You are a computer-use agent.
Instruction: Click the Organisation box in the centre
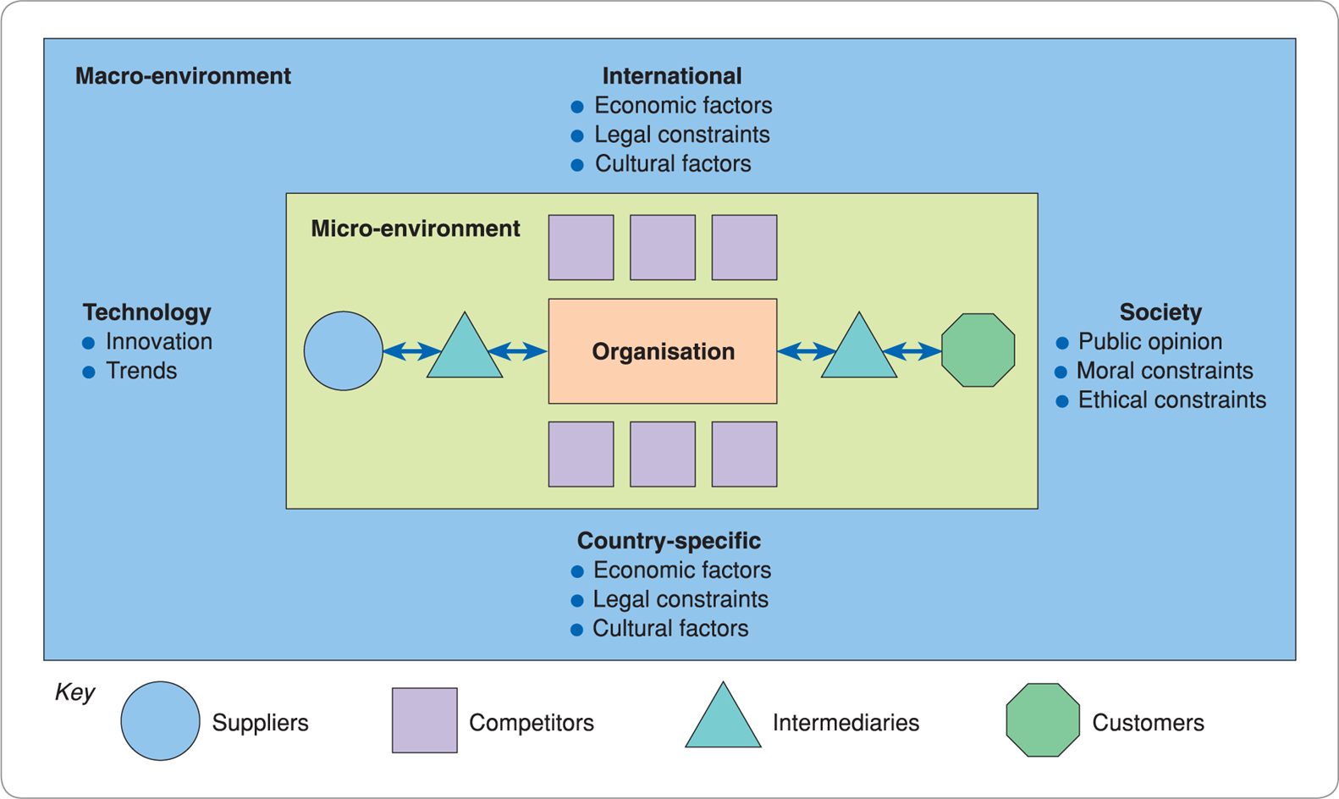tap(663, 351)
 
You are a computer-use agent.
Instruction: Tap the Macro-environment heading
tap(183, 76)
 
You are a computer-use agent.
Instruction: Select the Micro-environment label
tap(416, 229)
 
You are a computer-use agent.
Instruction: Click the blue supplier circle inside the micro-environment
tap(343, 350)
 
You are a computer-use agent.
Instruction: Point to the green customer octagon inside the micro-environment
tap(978, 350)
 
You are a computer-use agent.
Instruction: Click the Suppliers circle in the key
tap(160, 721)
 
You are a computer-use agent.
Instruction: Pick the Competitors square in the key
tap(424, 720)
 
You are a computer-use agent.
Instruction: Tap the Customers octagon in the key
tap(1043, 720)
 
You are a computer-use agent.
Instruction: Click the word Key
tap(74, 692)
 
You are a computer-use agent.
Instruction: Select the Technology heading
tap(147, 312)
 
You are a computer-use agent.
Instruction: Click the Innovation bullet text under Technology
tap(159, 341)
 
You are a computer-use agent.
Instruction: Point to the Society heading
tap(1160, 312)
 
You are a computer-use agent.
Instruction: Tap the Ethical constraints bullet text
tap(1171, 399)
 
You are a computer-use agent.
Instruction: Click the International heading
tap(672, 76)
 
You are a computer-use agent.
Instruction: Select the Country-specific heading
tap(669, 541)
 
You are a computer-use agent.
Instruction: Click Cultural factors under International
tap(673, 163)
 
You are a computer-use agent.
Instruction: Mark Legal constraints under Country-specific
tap(681, 599)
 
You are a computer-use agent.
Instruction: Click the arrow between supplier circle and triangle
tap(412, 350)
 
